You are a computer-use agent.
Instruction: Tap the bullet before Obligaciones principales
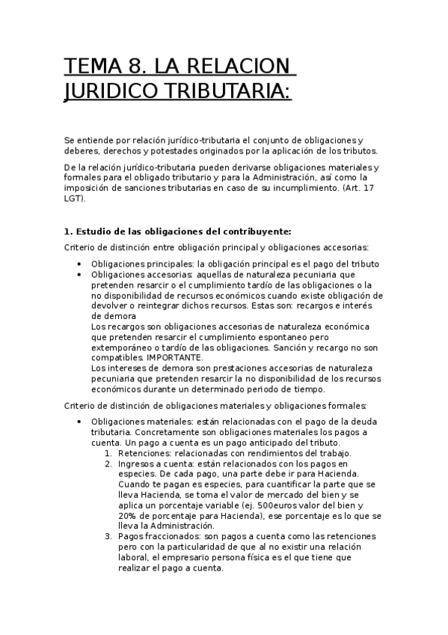pyautogui.click(x=79, y=264)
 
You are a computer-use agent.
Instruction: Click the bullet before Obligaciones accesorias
pyautogui.click(x=79, y=274)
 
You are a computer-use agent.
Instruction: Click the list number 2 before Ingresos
pyautogui.click(x=108, y=464)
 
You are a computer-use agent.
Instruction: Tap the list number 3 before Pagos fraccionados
pyautogui.click(x=108, y=537)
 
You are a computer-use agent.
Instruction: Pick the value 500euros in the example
pyautogui.click(x=279, y=505)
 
